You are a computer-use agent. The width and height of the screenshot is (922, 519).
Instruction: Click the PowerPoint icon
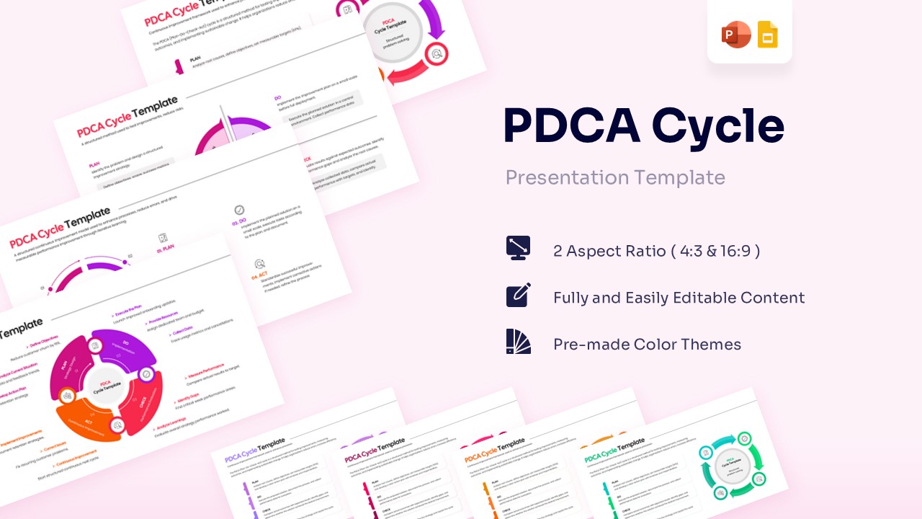click(736, 35)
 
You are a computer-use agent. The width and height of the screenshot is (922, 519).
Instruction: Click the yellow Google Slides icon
click(768, 35)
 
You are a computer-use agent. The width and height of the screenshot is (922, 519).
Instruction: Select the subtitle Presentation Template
click(614, 177)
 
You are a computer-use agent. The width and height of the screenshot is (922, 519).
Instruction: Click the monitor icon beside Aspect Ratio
click(519, 248)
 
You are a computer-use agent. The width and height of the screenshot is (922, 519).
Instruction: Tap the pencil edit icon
click(519, 295)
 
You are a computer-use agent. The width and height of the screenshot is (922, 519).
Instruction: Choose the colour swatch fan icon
click(519, 342)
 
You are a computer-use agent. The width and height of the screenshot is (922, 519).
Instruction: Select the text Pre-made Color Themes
click(647, 345)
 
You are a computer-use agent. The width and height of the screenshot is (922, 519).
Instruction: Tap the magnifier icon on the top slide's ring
click(436, 53)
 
